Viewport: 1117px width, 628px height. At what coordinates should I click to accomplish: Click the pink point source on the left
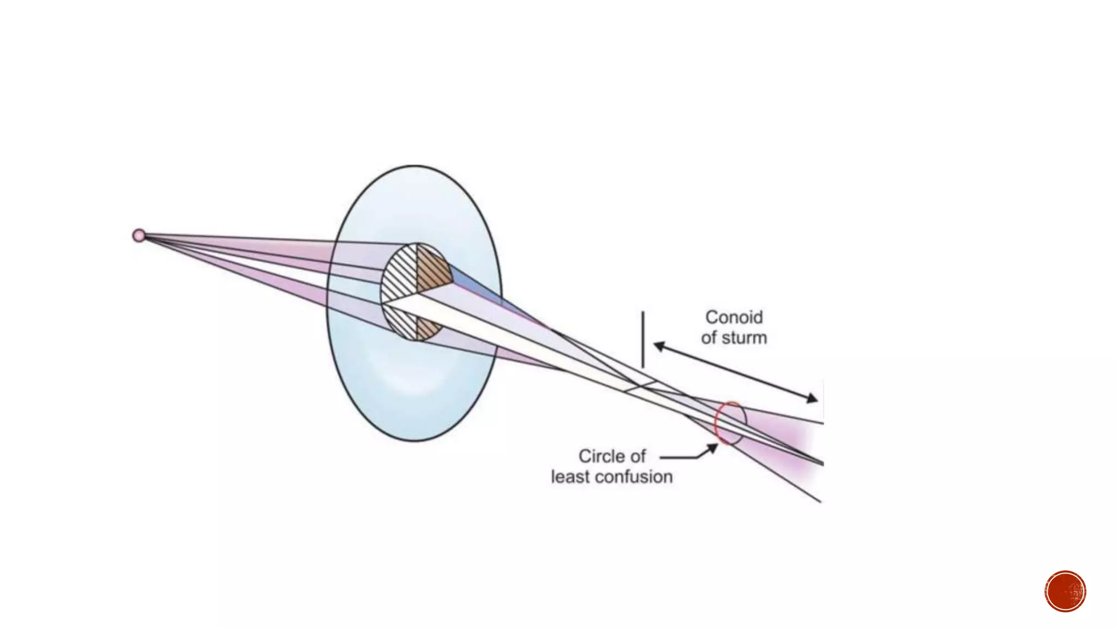tap(139, 235)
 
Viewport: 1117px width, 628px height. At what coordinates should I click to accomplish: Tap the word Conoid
tap(734, 317)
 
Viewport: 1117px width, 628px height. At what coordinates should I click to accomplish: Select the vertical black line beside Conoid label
tap(643, 339)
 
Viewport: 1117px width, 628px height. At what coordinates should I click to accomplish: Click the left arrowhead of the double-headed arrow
tap(659, 346)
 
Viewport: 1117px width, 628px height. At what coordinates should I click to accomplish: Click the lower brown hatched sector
tap(427, 329)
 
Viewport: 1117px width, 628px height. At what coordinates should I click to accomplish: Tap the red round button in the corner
tap(1065, 591)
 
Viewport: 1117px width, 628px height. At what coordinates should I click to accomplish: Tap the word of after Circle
tap(638, 456)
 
